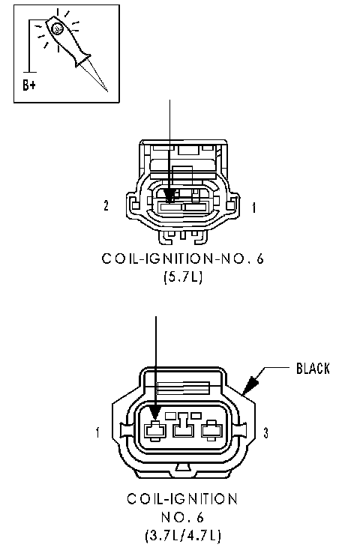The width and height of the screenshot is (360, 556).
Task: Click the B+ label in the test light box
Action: [x=29, y=85]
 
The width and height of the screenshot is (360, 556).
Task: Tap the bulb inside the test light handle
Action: [x=57, y=29]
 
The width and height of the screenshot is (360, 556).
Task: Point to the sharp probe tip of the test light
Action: [x=106, y=91]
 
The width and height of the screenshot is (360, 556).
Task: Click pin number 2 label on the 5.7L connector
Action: [x=106, y=205]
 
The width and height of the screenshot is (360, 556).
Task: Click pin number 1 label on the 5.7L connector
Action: [x=253, y=208]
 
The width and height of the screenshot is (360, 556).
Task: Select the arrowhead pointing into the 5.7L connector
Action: [x=169, y=196]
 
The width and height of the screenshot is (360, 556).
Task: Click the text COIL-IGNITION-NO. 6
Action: [x=183, y=259]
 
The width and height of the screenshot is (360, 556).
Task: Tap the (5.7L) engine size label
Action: [x=183, y=277]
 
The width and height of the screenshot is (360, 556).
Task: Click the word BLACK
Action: [x=313, y=369]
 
